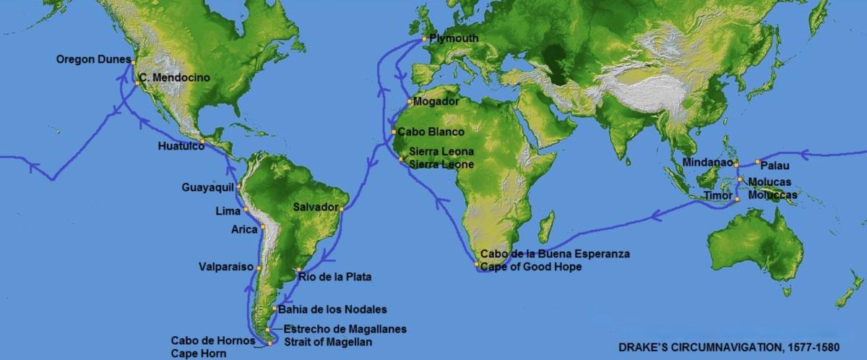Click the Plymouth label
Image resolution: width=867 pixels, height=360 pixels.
coord(454,38)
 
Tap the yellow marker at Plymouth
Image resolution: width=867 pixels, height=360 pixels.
coord(425,38)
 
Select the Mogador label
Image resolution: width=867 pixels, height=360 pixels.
coord(436,102)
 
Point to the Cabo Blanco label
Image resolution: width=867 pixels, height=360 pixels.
coord(431,132)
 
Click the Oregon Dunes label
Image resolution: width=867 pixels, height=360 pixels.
coord(93,59)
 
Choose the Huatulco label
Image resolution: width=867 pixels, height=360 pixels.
coord(181,146)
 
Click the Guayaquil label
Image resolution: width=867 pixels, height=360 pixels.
coord(208,187)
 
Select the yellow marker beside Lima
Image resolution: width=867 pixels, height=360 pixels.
coord(246,210)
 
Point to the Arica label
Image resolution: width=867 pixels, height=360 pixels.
coord(244,230)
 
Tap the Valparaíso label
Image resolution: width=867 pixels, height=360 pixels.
coord(226,267)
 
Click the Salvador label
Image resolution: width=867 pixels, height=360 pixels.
coord(316,207)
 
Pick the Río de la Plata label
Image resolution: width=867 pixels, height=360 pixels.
coord(329,275)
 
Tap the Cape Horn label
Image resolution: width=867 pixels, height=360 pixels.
coord(199,353)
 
